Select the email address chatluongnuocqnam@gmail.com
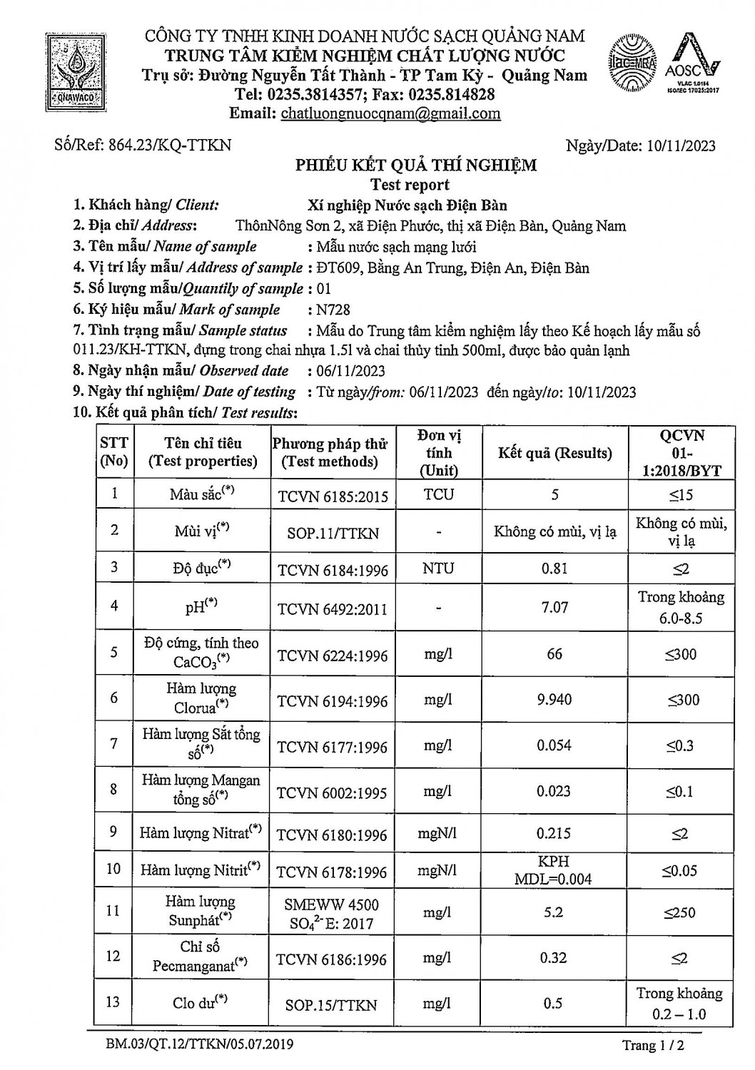pos(390,113)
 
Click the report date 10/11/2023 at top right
pos(681,146)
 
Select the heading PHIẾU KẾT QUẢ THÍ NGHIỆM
pos(416,165)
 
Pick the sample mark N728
pos(333,310)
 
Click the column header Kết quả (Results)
pos(554,453)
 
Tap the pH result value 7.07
pos(554,607)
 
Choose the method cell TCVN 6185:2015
pos(333,496)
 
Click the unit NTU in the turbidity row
pos(438,569)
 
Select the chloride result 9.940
pos(554,700)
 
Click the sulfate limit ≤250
pos(680,912)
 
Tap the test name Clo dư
pos(199,1003)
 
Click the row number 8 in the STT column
pos(113,790)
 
